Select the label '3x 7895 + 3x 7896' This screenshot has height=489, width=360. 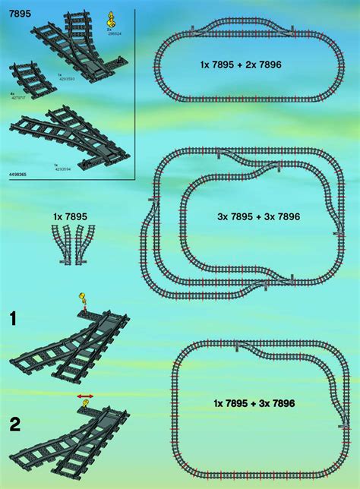point(258,216)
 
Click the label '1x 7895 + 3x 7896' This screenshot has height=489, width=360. point(254,402)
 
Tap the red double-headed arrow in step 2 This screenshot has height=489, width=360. point(85,396)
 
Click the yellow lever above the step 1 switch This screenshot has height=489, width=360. point(81,298)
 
